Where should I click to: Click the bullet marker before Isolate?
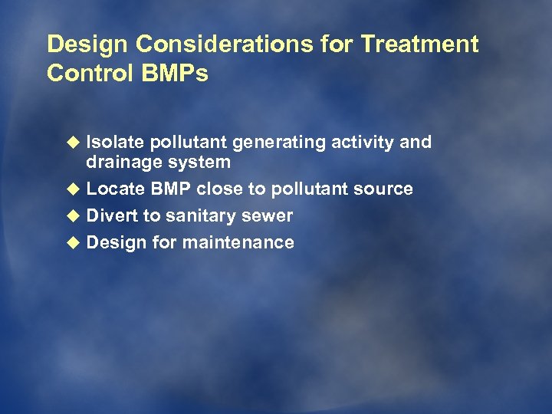pyautogui.click(x=74, y=143)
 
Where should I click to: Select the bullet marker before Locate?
pyautogui.click(x=74, y=189)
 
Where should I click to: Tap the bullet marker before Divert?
pyautogui.click(x=74, y=216)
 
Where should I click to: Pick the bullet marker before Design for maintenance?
pyautogui.click(x=74, y=243)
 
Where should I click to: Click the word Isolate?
pyautogui.click(x=116, y=143)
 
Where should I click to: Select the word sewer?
pyautogui.click(x=269, y=216)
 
